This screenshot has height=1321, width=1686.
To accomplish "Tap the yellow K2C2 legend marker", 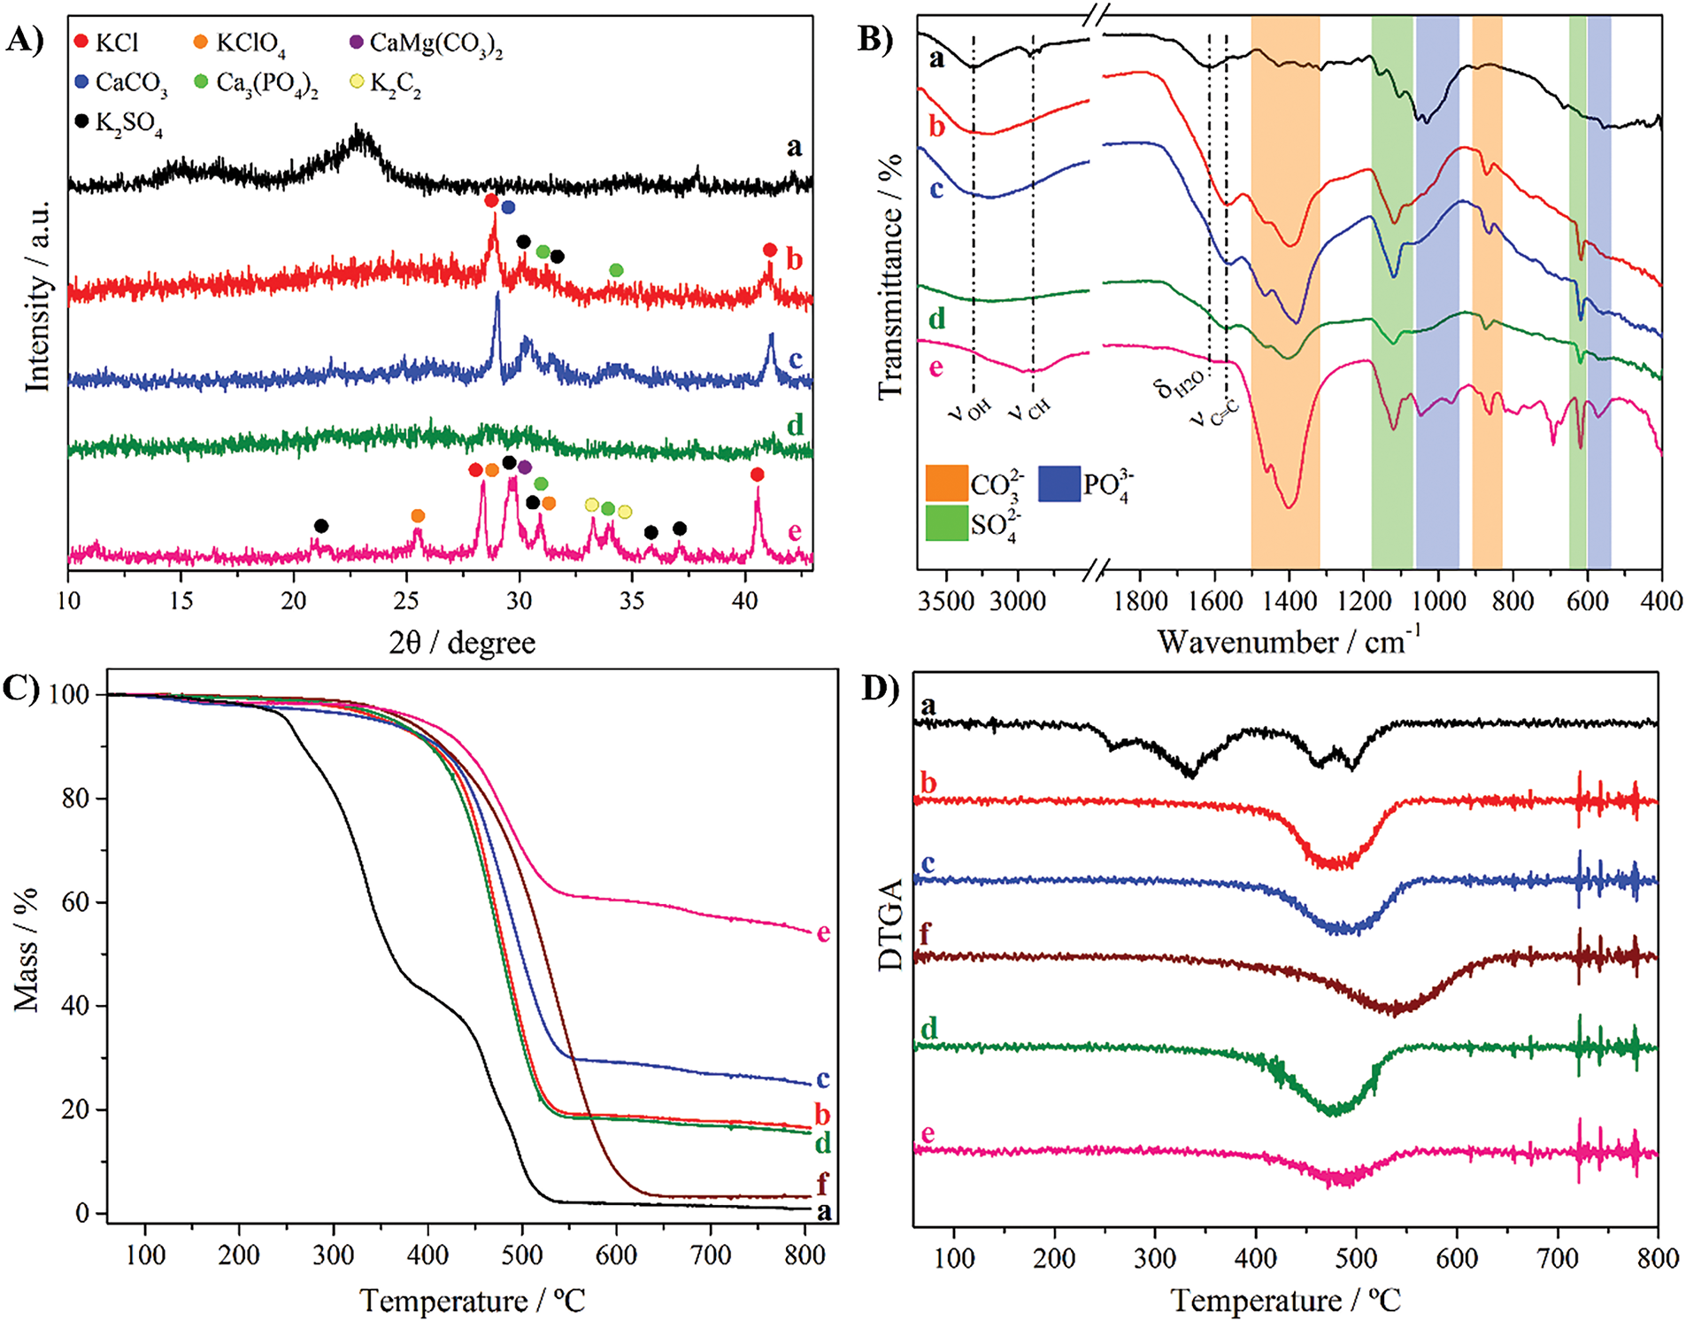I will (x=357, y=82).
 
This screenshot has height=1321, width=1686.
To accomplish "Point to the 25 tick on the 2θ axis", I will (x=405, y=601).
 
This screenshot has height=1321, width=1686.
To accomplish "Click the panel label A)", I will (x=25, y=40).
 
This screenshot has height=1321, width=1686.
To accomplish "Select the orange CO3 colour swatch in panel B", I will (x=946, y=483).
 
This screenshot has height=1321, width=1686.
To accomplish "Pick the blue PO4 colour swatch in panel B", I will (x=1059, y=483).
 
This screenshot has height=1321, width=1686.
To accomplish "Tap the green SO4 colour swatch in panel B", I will (x=946, y=522).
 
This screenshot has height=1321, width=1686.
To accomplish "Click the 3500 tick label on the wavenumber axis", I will (x=946, y=602).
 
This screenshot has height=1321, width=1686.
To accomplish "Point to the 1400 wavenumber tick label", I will (x=1289, y=602).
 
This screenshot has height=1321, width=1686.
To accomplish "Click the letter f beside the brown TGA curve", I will (x=822, y=1183).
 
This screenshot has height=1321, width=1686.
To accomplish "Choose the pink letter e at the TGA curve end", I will (x=823, y=932).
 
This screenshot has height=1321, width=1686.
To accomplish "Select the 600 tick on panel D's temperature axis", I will (x=1457, y=1258).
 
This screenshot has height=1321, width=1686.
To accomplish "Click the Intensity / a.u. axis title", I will (x=37, y=297).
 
